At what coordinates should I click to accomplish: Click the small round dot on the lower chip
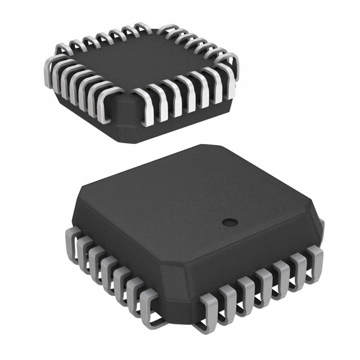click(229, 222)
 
